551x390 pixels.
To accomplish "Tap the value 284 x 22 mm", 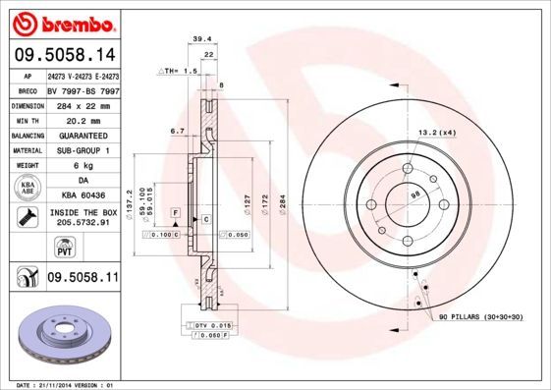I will point(83,104).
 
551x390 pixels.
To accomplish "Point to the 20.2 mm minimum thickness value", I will point(83,119).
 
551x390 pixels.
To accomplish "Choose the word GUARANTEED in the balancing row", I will point(83,135).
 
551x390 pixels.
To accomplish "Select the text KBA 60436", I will point(83,195).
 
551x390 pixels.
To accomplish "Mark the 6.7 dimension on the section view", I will point(178,129).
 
